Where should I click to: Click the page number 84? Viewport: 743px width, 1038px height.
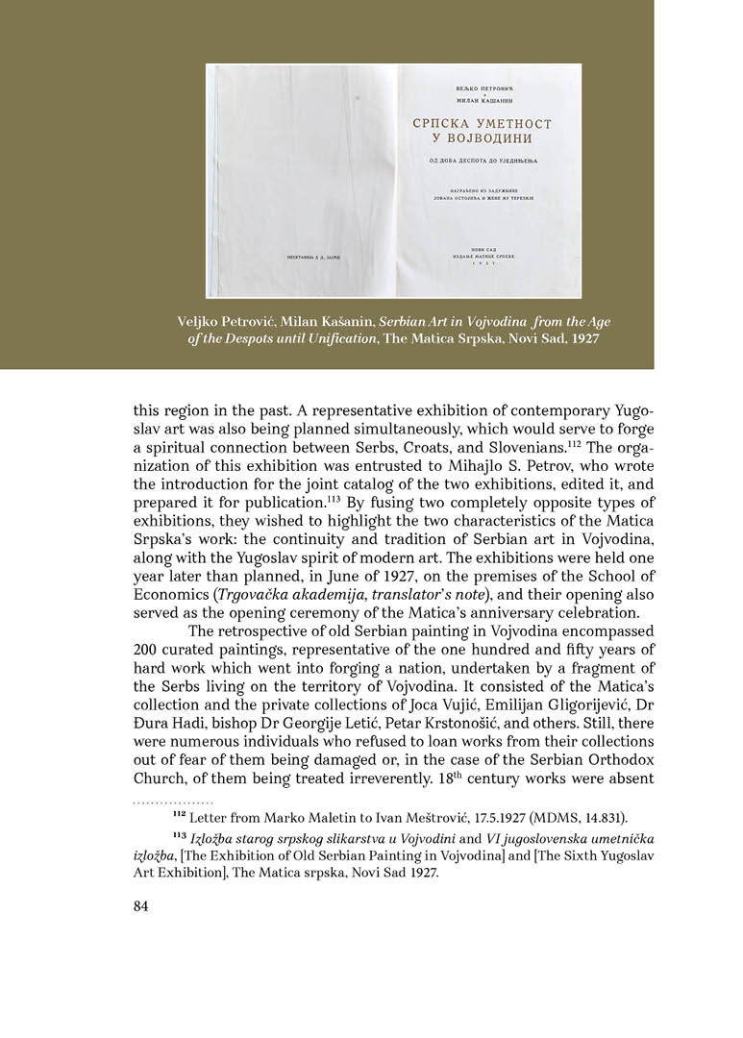(x=142, y=905)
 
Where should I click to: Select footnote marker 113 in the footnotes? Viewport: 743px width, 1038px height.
(x=180, y=838)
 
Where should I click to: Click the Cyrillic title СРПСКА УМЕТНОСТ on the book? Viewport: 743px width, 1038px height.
(x=488, y=124)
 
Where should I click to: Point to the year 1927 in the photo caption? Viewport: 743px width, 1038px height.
(x=580, y=339)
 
